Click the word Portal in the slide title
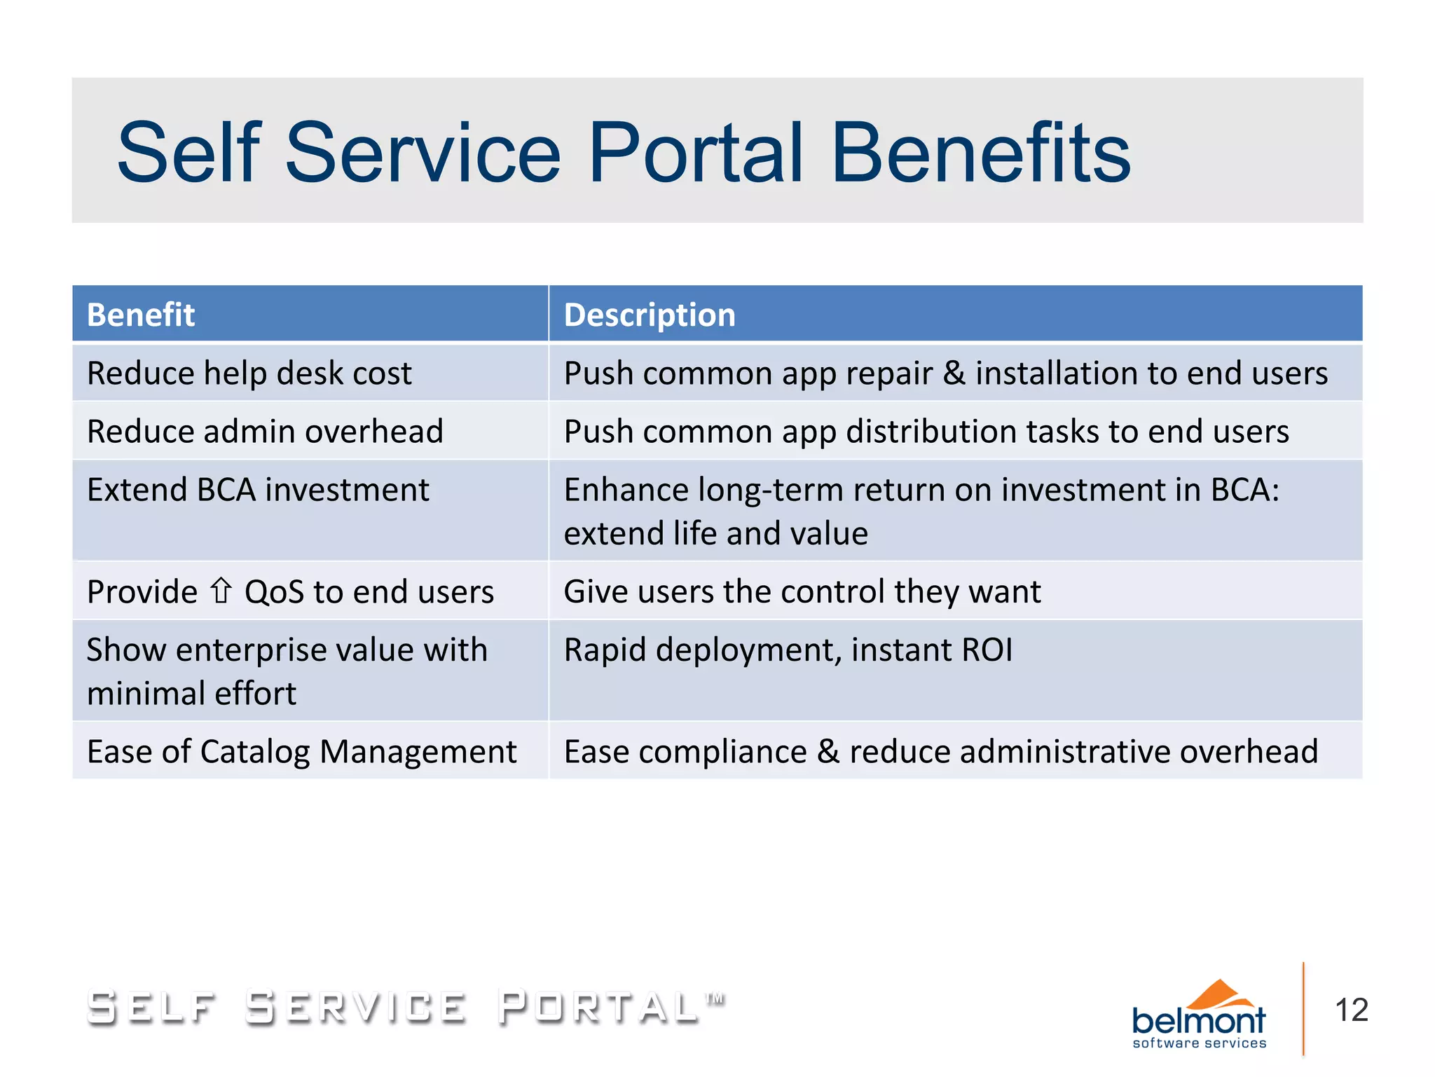[695, 153]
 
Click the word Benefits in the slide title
[980, 153]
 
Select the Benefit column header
[140, 315]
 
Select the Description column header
[650, 315]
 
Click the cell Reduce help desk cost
[249, 373]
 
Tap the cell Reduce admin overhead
[265, 431]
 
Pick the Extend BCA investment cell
[258, 490]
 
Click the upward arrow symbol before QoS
[221, 591]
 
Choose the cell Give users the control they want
[802, 591]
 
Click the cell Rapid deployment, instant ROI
[788, 650]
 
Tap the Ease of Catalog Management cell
[301, 752]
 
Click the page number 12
[1351, 1010]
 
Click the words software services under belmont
[1199, 1043]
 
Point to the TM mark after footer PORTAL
[715, 998]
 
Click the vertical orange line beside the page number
[1303, 1009]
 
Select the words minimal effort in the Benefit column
[191, 694]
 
